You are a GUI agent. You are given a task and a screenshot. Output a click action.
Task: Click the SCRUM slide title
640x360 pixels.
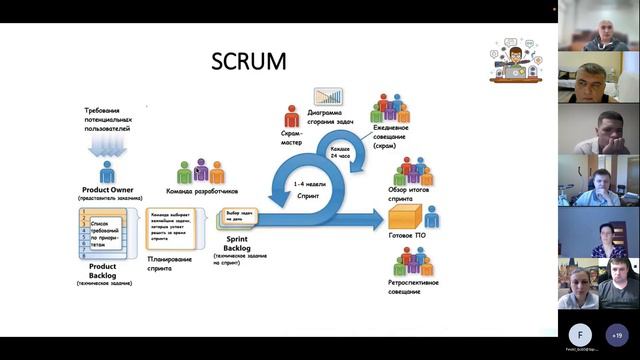tap(248, 61)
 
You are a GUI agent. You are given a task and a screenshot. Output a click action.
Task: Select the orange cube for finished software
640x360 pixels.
tap(406, 216)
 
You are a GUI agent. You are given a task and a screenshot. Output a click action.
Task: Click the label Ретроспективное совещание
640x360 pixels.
tap(413, 287)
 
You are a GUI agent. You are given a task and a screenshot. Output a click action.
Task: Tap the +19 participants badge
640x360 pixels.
tap(617, 335)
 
